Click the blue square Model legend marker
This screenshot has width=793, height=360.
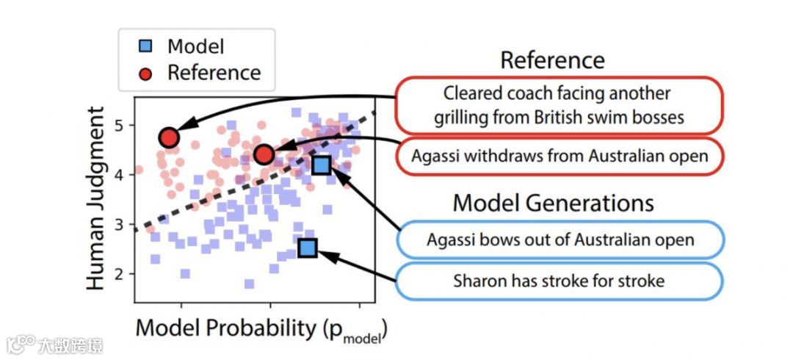click(145, 47)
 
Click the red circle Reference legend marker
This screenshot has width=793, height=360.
click(145, 73)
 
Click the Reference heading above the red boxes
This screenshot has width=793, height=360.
click(552, 60)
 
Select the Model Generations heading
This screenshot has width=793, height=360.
click(553, 202)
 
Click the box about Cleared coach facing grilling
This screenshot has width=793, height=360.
click(558, 104)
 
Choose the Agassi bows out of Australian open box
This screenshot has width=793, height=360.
click(560, 240)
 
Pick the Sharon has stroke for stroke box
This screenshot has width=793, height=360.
click(560, 281)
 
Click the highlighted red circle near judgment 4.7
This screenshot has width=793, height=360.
click(170, 137)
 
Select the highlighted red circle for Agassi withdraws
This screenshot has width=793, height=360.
click(264, 154)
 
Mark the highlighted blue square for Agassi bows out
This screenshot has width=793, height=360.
click(321, 165)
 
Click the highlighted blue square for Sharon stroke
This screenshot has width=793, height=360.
click(308, 248)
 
